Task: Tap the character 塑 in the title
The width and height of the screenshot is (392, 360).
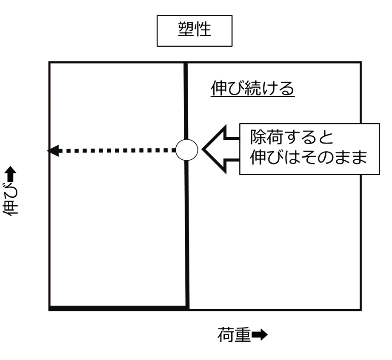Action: [x=186, y=29]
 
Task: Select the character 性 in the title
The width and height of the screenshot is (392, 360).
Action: [x=203, y=29]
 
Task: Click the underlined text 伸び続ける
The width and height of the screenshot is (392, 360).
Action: [x=252, y=88]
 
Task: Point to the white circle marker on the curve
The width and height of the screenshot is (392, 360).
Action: [x=187, y=150]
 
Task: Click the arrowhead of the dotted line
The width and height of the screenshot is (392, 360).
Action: [x=53, y=151]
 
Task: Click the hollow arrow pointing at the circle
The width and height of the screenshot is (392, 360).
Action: [x=220, y=150]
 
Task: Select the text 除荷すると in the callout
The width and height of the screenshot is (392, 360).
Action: [x=292, y=137]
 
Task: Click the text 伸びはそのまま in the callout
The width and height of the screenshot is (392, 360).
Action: [x=309, y=157]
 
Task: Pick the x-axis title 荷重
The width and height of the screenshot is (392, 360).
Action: [x=234, y=335]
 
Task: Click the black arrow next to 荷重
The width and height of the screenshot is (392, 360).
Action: [x=260, y=335]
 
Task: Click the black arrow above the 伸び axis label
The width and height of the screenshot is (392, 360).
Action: [x=11, y=174]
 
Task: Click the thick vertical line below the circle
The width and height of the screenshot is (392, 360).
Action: [x=187, y=235]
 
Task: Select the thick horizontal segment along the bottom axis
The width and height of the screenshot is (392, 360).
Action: [x=118, y=308]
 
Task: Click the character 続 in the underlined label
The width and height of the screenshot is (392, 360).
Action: [x=253, y=88]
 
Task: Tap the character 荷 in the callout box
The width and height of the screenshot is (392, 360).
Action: [x=275, y=137]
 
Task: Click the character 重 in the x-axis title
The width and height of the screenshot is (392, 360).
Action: [x=243, y=335]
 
